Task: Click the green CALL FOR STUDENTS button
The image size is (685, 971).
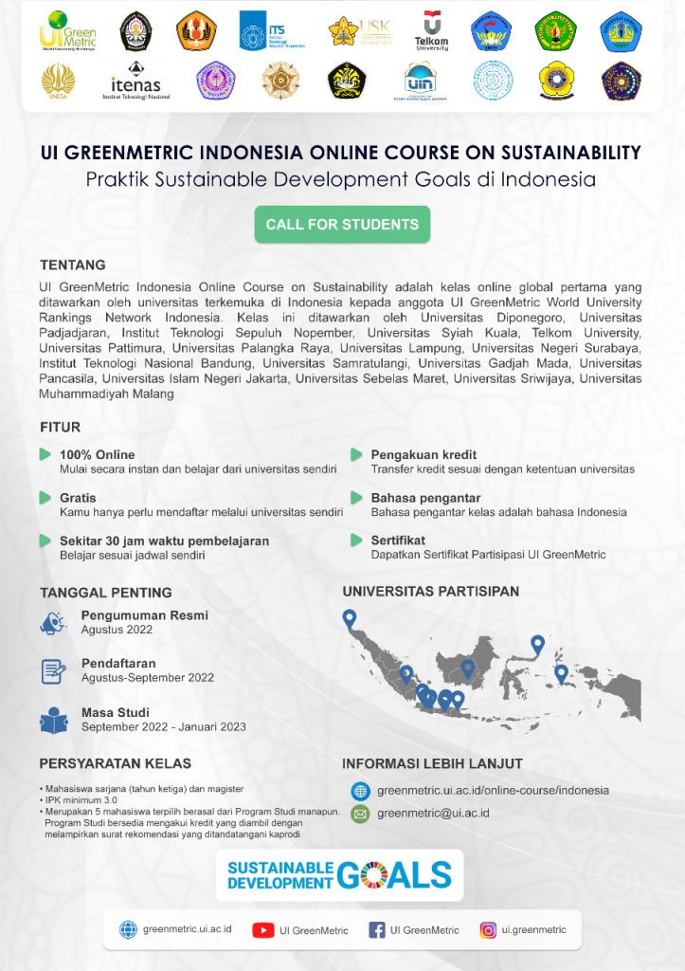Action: (342, 225)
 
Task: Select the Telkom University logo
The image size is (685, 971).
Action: (431, 30)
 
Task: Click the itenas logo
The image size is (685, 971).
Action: (135, 82)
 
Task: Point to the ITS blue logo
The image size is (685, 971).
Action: (266, 30)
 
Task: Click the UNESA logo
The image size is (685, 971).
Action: (58, 82)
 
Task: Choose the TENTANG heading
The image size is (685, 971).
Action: (72, 265)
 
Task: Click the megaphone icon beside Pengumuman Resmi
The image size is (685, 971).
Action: (53, 623)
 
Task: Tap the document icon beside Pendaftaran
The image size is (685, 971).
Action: (53, 671)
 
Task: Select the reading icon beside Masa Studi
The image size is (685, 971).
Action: (53, 721)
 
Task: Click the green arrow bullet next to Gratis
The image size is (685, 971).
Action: (45, 498)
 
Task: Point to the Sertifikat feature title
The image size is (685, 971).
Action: (398, 540)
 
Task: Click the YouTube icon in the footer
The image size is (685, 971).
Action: (262, 930)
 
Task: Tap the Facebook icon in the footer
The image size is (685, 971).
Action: (376, 930)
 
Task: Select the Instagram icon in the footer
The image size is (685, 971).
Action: (488, 930)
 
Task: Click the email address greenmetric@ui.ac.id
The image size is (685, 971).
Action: (433, 813)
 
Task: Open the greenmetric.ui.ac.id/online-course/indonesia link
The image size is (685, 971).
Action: (493, 790)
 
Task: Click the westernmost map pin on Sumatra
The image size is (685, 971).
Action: (350, 618)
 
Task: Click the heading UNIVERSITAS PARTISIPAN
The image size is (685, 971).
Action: (430, 591)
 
